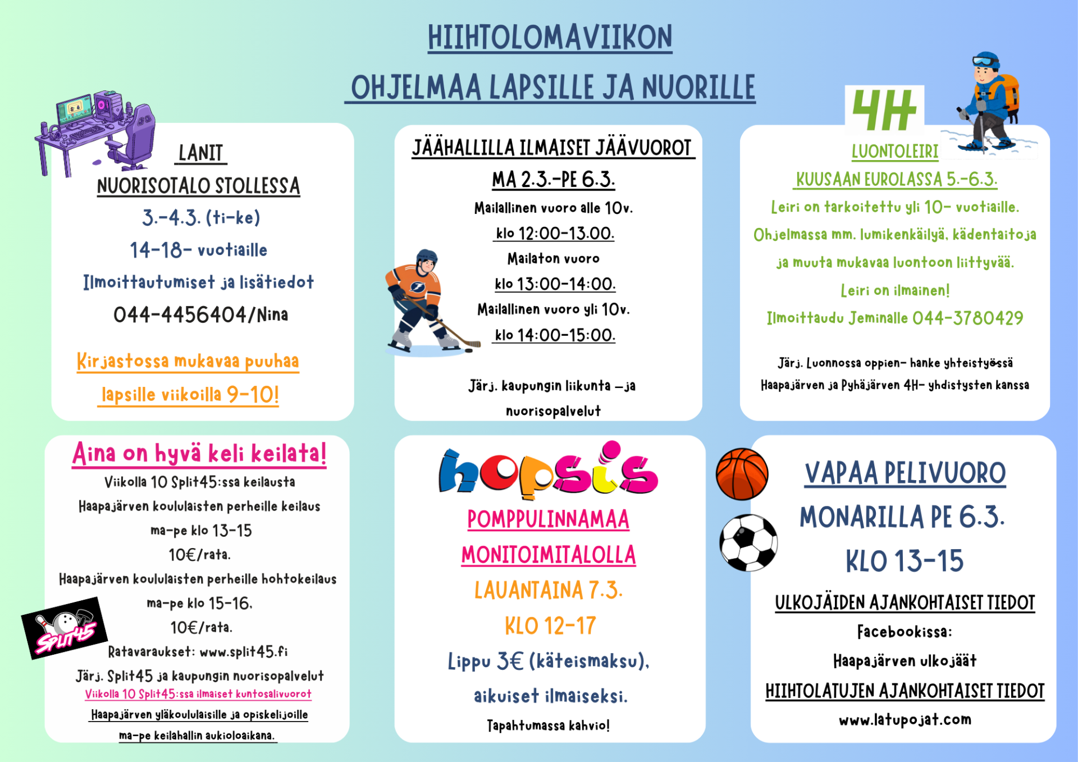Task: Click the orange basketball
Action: (742, 474)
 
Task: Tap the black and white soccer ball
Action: (748, 542)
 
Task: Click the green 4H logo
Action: (884, 109)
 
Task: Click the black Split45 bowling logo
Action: (65, 627)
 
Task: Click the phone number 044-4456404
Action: (180, 315)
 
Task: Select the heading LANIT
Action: (200, 153)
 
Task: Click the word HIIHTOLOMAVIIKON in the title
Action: (550, 38)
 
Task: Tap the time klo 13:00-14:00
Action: (555, 284)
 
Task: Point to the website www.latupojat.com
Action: (905, 719)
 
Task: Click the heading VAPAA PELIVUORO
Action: (905, 473)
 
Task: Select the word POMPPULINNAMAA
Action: (548, 519)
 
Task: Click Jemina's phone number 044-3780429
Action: (967, 318)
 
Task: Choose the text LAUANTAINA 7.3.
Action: (548, 590)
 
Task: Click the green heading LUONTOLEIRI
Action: (894, 151)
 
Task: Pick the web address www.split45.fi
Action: (244, 651)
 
